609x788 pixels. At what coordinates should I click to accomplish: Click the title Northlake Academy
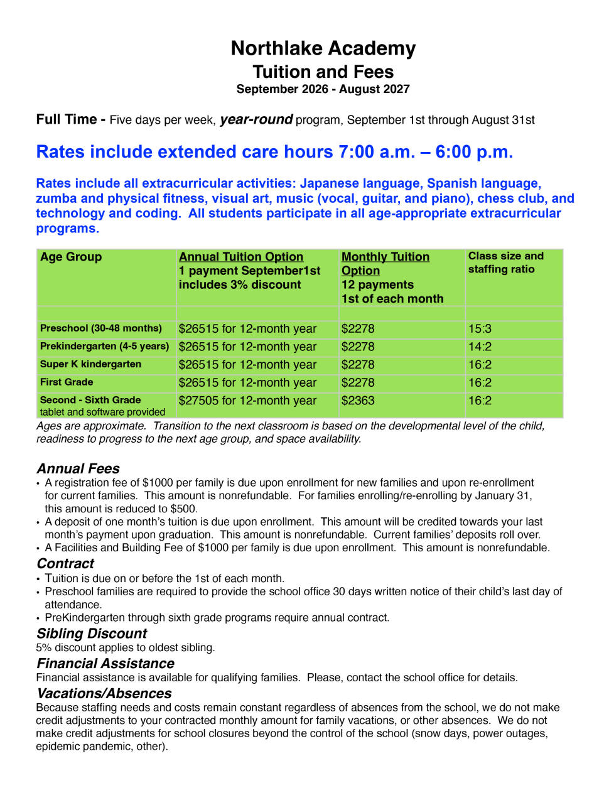point(323,48)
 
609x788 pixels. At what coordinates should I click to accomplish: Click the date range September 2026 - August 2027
point(323,89)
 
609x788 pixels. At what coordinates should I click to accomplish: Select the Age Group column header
point(71,257)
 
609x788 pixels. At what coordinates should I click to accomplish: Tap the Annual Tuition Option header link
point(240,257)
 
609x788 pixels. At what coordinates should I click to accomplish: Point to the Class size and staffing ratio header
point(505,262)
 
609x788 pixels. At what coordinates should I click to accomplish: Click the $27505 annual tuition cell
point(247,401)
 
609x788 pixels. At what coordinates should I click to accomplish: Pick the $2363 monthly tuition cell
point(358,401)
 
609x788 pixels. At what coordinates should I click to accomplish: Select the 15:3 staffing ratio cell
point(480,329)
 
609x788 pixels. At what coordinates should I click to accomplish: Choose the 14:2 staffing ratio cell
point(480,347)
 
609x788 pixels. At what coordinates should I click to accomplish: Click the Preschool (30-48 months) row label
point(101,328)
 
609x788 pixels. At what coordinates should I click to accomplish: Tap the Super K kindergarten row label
point(90,364)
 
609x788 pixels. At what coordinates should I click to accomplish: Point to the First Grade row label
point(67,382)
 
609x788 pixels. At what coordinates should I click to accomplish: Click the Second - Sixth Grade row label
point(90,400)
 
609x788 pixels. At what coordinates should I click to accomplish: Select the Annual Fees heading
point(78,468)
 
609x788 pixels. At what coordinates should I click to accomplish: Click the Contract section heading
point(65,563)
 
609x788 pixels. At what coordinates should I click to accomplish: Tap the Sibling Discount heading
point(92,634)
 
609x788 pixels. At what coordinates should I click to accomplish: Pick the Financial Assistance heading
point(105,664)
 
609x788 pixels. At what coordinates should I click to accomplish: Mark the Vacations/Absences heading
point(104,694)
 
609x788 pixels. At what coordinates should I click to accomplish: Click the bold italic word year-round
point(256,119)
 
